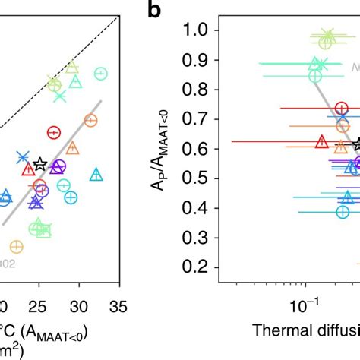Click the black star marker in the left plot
(40, 164)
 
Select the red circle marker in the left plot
(54, 132)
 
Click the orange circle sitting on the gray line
(90, 120)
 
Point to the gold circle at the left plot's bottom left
(16, 246)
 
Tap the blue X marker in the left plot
(23, 157)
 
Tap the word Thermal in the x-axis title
(276, 331)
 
